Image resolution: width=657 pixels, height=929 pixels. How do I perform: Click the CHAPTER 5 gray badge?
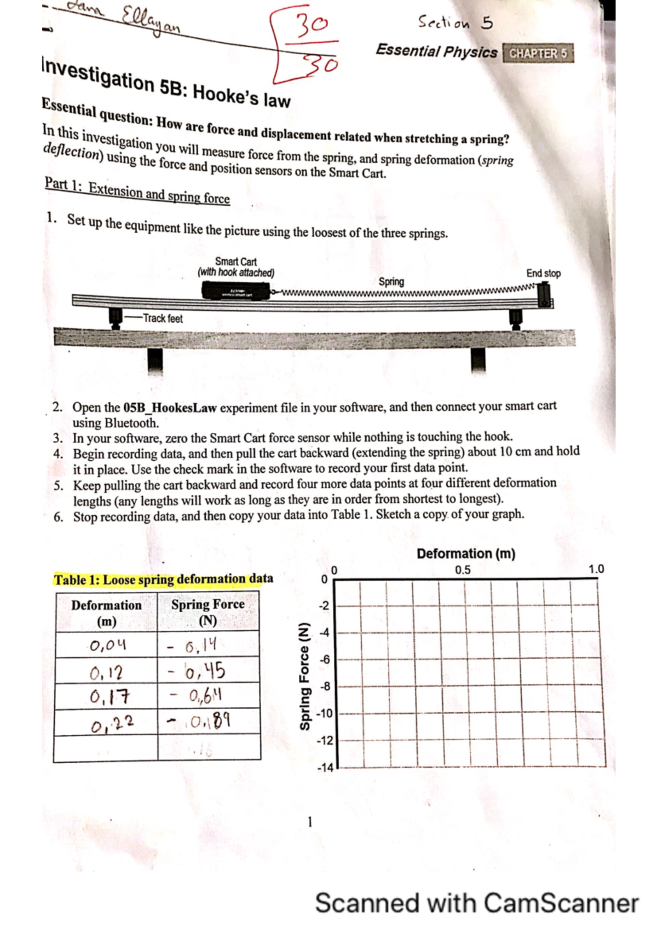tap(538, 53)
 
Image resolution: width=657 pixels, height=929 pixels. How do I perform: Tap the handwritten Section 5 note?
tap(455, 23)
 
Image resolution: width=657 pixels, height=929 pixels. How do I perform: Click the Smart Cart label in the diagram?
tap(236, 267)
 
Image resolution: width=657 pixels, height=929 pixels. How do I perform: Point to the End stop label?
tap(543, 273)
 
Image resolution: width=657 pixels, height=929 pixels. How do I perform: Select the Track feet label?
tap(163, 318)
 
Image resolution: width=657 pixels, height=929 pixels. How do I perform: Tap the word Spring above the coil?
tap(391, 282)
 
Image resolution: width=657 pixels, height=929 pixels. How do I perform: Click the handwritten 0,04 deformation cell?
tap(108, 646)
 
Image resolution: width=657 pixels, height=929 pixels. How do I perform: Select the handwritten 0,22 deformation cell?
tap(112, 724)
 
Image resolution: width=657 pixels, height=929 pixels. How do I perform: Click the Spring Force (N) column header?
tap(208, 612)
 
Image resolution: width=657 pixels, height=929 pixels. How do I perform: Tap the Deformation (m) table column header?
tap(106, 613)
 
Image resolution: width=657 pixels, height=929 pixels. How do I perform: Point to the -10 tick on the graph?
tap(324, 713)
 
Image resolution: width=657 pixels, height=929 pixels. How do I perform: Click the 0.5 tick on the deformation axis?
tap(463, 570)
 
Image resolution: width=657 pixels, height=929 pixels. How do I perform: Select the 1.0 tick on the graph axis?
tap(596, 569)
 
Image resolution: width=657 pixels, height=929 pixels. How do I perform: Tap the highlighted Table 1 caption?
tap(163, 579)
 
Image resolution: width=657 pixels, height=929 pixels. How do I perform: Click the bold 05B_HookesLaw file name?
tap(170, 408)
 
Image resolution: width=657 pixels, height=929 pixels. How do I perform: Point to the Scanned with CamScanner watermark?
tap(476, 903)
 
